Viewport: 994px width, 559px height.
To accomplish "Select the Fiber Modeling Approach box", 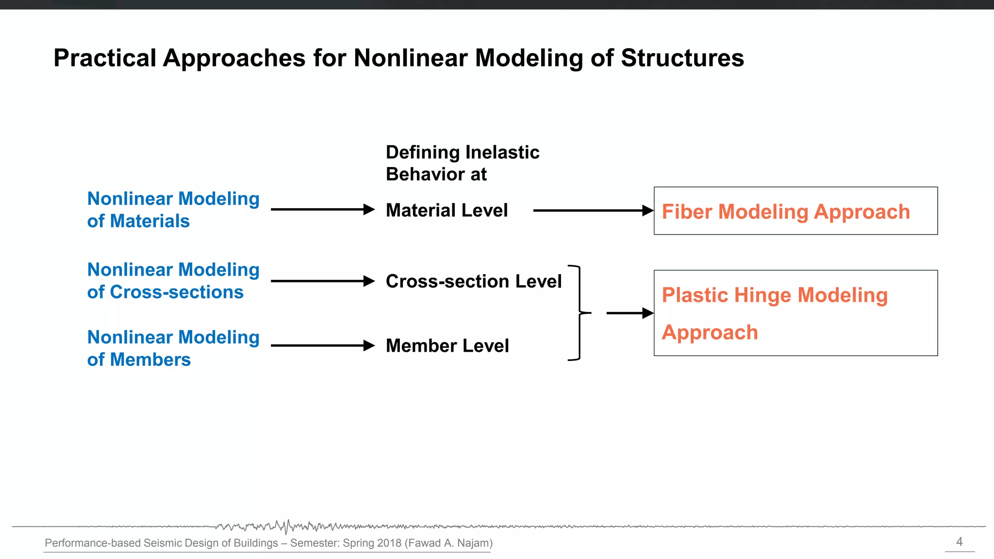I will point(795,211).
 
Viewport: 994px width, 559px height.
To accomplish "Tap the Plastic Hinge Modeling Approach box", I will point(795,313).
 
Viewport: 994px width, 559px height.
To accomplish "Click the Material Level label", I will point(447,211).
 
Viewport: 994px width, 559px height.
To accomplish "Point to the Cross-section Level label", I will point(473,281).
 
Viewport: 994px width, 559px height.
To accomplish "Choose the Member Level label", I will point(447,346).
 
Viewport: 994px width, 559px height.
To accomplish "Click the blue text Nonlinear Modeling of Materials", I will point(173,210).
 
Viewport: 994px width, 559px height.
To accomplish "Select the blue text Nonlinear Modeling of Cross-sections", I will point(173,280).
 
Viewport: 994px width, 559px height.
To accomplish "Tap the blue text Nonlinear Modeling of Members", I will point(173,348).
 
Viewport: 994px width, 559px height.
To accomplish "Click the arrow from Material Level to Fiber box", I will point(592,211).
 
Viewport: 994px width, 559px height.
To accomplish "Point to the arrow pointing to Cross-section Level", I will point(322,281).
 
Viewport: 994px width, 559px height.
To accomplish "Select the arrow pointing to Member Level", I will point(322,345).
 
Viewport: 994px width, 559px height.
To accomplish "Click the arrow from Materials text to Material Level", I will point(322,210).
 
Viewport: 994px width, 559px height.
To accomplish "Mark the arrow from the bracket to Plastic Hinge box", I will point(629,313).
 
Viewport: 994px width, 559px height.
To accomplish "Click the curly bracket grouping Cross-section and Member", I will point(579,313).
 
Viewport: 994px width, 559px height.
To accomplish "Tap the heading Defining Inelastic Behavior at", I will point(462,163).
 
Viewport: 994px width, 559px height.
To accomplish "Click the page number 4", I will point(959,542).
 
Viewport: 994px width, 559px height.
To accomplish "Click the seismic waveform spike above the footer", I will point(287,526).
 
